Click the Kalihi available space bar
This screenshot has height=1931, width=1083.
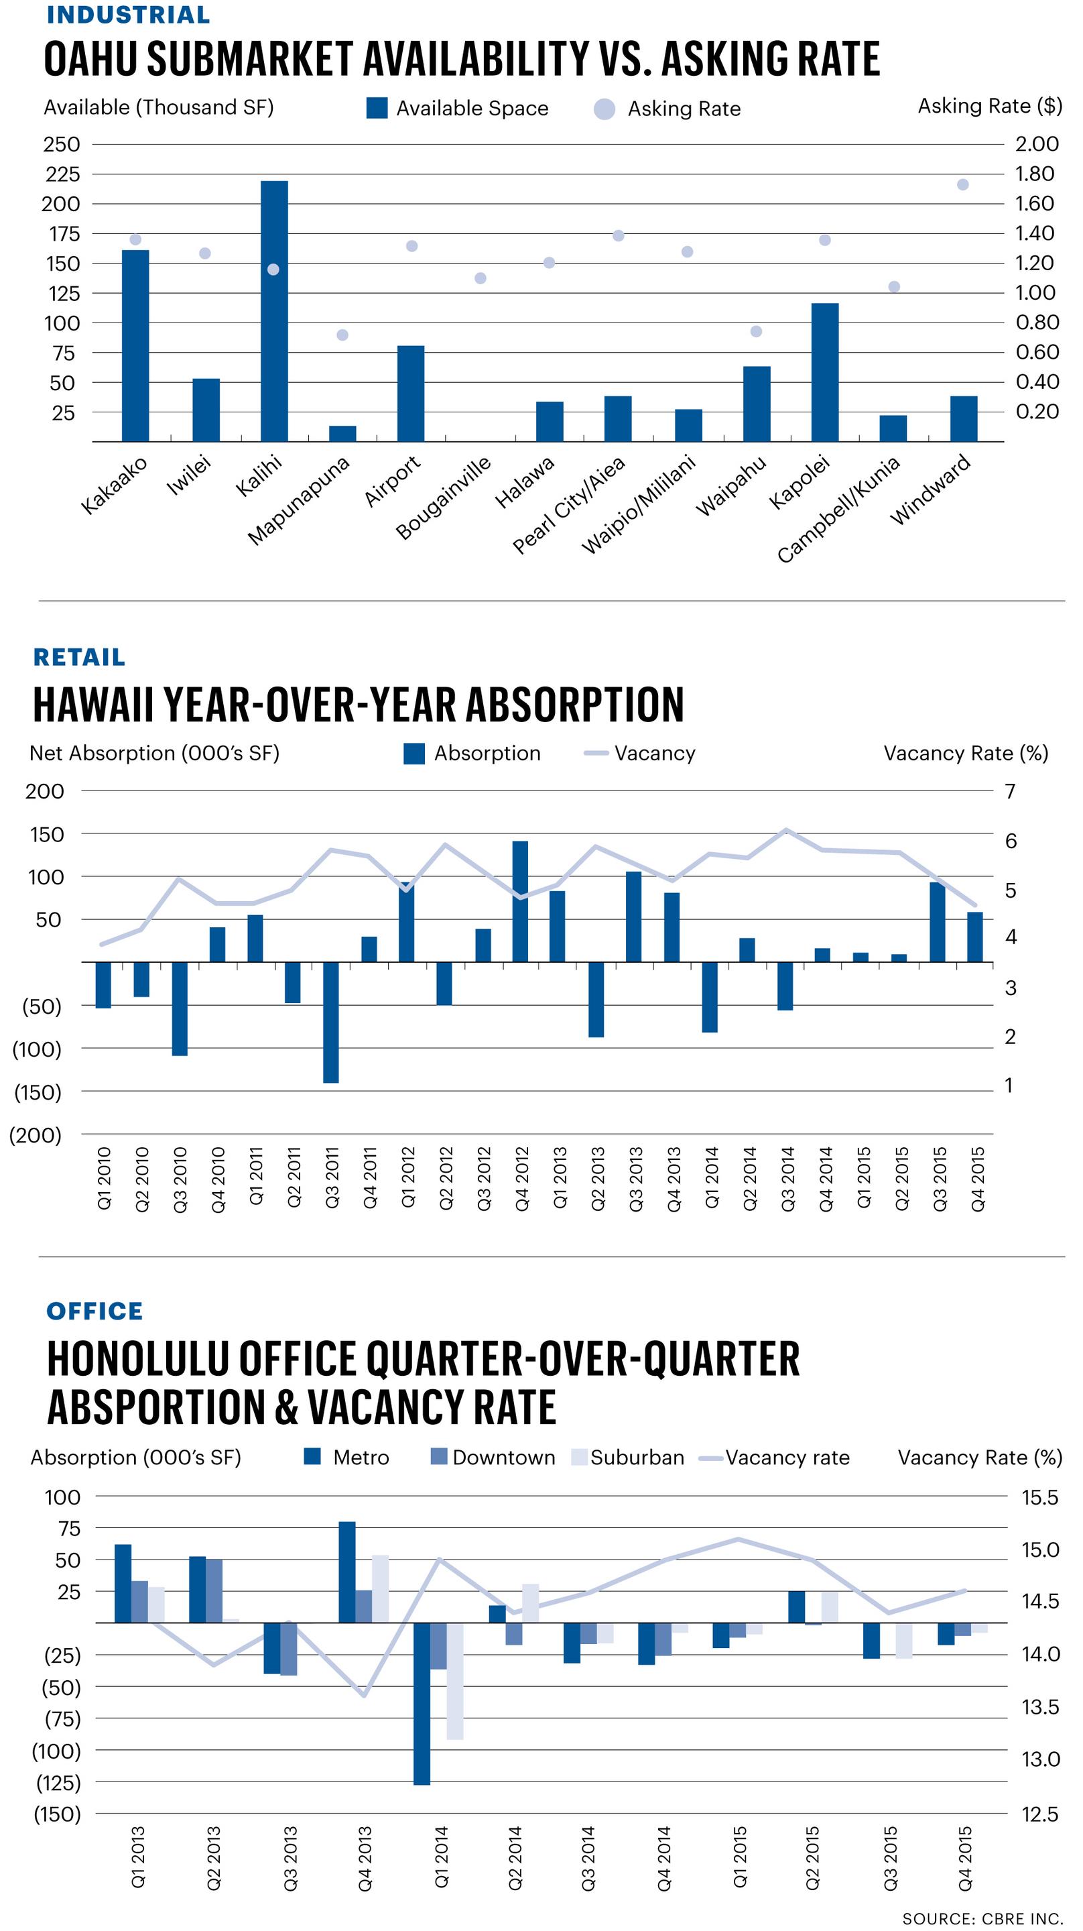[273, 311]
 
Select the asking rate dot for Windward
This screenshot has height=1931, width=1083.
[963, 184]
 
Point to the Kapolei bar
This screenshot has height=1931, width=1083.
[824, 373]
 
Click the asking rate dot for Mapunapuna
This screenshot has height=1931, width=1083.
[342, 335]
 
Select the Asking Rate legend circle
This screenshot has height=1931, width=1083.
[604, 109]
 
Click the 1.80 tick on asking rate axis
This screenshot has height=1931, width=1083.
[1035, 174]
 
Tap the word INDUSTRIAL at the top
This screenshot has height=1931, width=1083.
[128, 15]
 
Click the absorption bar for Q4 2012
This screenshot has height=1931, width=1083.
[520, 901]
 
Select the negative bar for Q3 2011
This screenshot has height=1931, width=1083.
[330, 1022]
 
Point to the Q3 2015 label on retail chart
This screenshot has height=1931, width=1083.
[939, 1179]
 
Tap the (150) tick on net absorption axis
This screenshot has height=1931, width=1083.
[38, 1092]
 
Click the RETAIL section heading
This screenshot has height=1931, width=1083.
[78, 656]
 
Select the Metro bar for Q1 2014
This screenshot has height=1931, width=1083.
[422, 1703]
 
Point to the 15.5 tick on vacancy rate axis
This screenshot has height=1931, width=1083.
[1039, 1497]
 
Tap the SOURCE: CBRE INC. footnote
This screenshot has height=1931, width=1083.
[982, 1918]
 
